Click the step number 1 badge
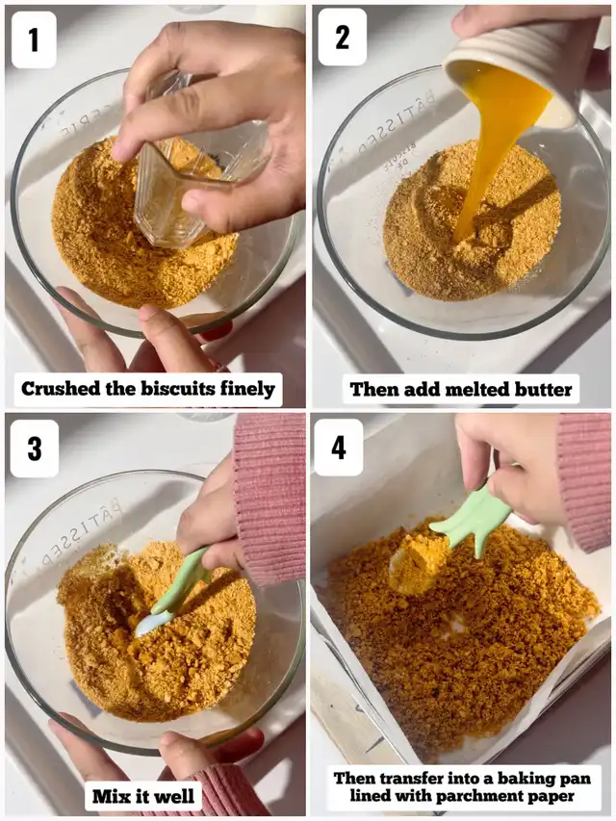(34, 39)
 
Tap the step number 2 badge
(342, 38)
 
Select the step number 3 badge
(34, 449)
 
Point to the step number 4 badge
(339, 448)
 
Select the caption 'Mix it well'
(143, 796)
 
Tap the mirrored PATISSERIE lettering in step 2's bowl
(398, 121)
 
